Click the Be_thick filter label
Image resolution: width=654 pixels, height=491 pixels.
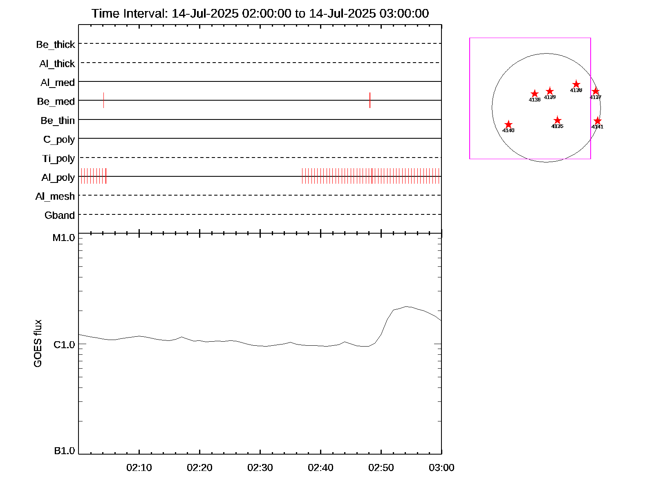(x=56, y=44)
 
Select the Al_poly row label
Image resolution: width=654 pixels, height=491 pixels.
(x=58, y=178)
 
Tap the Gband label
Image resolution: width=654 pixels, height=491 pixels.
(x=60, y=215)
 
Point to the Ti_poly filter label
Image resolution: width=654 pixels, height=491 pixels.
(x=58, y=158)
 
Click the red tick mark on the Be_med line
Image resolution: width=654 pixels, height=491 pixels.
(x=370, y=100)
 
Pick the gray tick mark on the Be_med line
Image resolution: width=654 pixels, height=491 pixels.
(x=103, y=100)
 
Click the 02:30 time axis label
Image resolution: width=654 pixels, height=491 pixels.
(x=260, y=468)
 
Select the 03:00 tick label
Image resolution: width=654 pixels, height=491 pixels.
(x=441, y=468)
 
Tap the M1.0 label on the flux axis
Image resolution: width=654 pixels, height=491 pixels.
(x=64, y=238)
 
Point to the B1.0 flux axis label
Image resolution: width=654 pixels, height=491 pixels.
(x=65, y=451)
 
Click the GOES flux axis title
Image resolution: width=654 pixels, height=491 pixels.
(x=38, y=344)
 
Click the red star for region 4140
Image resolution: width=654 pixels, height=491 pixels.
(x=508, y=124)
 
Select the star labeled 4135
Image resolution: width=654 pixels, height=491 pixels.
(x=557, y=120)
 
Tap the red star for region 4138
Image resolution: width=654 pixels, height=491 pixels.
(x=576, y=85)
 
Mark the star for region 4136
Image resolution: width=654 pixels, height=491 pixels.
(x=535, y=94)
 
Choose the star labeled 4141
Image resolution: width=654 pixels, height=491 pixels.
(x=597, y=121)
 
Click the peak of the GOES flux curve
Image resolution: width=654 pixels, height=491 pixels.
(x=406, y=306)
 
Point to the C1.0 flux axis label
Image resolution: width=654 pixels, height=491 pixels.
(x=64, y=345)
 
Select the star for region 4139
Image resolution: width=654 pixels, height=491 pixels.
(x=550, y=91)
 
